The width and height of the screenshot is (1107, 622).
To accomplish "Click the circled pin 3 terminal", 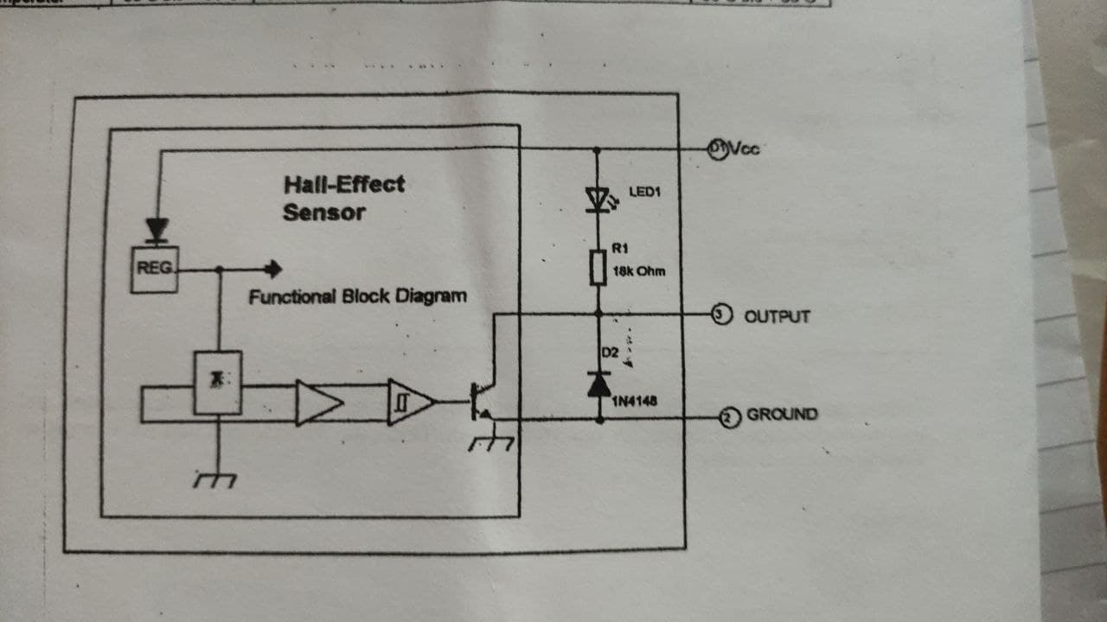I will click(720, 314).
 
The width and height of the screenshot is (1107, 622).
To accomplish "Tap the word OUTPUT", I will click(777, 316).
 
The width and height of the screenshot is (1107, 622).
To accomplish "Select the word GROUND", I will click(782, 415).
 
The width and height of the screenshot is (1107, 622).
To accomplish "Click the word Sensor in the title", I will click(323, 212).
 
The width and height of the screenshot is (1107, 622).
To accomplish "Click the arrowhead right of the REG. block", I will click(274, 270).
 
